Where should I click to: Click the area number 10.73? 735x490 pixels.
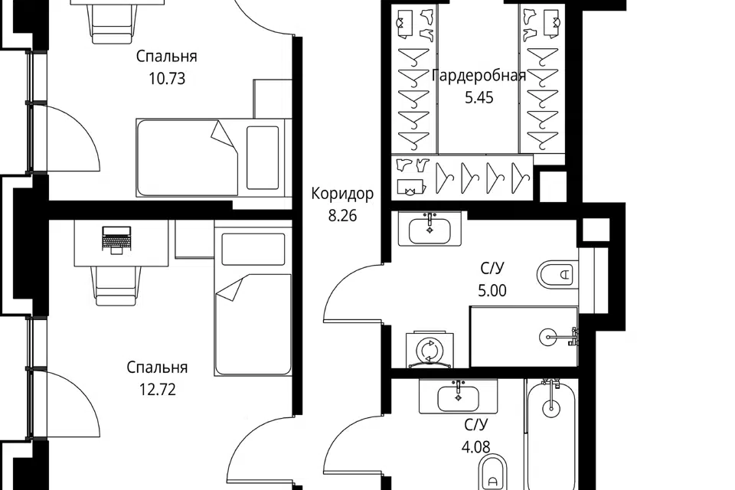[x=167, y=78]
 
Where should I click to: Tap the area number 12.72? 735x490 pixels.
[x=158, y=389]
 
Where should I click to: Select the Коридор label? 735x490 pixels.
[x=342, y=193]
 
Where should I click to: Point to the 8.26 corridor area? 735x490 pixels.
[x=342, y=216]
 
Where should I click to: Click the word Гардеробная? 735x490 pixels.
[x=479, y=75]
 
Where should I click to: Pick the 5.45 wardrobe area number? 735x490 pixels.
[x=479, y=97]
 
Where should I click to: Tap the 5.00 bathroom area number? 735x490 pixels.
[x=492, y=290]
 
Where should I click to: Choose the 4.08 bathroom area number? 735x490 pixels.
[x=475, y=447]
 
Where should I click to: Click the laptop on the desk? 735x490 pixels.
[x=116, y=240]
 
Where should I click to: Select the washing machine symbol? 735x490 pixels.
[x=429, y=350]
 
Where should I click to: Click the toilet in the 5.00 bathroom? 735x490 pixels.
[x=557, y=274]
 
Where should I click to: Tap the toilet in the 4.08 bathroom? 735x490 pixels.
[x=492, y=472]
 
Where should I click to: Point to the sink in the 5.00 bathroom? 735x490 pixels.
[x=430, y=229]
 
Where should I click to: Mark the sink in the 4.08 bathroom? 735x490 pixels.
[x=458, y=398]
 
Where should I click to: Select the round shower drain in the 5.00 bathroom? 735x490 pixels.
[x=548, y=337]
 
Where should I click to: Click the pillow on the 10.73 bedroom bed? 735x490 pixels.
[x=263, y=157]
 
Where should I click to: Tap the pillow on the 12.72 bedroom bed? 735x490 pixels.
[x=253, y=249]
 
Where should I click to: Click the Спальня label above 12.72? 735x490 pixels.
[x=157, y=367]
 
